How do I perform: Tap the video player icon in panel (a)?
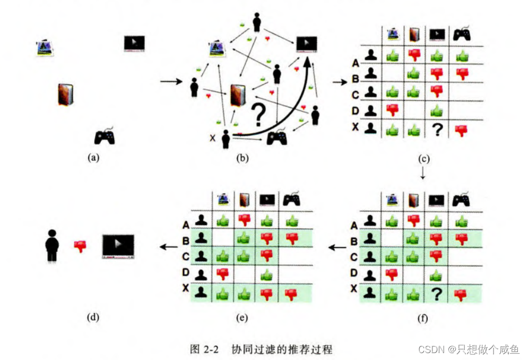[134, 42]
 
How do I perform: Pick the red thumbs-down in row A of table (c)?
[414, 54]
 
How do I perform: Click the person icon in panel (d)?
[51, 245]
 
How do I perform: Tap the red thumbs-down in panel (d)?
[80, 246]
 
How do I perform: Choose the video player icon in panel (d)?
[118, 246]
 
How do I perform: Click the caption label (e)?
[241, 318]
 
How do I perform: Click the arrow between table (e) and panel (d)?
[169, 246]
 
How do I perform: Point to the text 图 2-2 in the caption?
[205, 349]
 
